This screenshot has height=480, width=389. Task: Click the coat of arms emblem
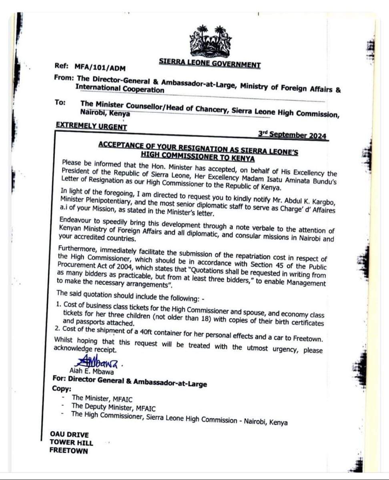tap(210, 41)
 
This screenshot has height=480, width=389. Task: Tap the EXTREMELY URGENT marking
tap(91, 126)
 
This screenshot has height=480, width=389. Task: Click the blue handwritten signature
tap(96, 364)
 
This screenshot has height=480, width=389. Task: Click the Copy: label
tap(62, 389)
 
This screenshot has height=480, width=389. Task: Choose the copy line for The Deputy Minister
tap(113, 408)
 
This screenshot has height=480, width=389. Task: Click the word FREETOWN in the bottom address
tap(68, 450)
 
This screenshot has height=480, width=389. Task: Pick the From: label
tap(63, 78)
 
